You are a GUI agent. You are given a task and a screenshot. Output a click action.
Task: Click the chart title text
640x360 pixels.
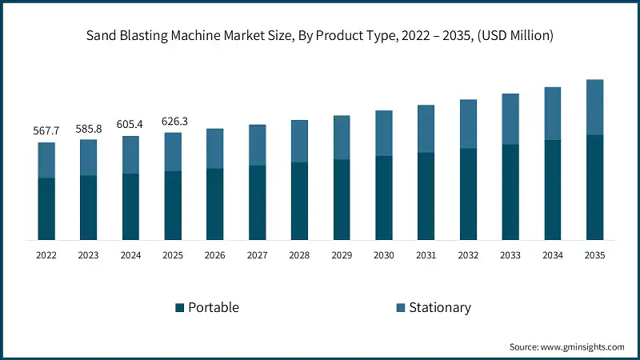pyautogui.click(x=320, y=34)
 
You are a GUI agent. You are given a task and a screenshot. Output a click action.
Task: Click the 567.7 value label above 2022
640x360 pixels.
pyautogui.click(x=46, y=131)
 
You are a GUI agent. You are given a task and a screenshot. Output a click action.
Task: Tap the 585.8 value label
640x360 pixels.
pyautogui.click(x=89, y=128)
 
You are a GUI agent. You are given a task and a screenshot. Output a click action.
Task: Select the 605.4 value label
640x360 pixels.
pyautogui.click(x=130, y=124)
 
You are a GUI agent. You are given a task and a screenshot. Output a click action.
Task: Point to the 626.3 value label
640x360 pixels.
pyautogui.click(x=173, y=121)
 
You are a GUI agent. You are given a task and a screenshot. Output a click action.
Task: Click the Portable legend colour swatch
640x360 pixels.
pyautogui.click(x=180, y=308)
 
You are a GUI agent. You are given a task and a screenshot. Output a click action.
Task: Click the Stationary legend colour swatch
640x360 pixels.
pyautogui.click(x=400, y=308)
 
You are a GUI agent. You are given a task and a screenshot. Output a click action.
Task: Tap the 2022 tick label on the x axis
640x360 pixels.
pyautogui.click(x=46, y=255)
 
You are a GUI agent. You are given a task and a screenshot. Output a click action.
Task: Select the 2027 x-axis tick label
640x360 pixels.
pyautogui.click(x=258, y=255)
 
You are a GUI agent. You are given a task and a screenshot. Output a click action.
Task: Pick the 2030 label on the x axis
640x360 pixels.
pyautogui.click(x=384, y=255)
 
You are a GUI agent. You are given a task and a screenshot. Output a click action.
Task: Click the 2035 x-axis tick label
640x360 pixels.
pyautogui.click(x=595, y=255)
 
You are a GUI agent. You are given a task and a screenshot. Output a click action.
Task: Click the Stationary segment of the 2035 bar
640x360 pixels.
pyautogui.click(x=595, y=107)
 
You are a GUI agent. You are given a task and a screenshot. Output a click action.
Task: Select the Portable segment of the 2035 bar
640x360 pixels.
pyautogui.click(x=595, y=187)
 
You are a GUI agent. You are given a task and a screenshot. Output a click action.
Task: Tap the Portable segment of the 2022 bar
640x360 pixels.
pyautogui.click(x=46, y=209)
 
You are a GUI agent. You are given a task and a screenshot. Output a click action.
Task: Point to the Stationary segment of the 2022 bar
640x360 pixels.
pyautogui.click(x=46, y=160)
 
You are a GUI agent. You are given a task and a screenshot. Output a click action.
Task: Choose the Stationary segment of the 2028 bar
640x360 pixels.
pyautogui.click(x=299, y=141)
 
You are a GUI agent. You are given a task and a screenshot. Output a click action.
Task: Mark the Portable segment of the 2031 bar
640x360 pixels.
pyautogui.click(x=426, y=196)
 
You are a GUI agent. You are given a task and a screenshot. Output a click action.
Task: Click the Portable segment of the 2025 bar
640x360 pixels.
pyautogui.click(x=173, y=205)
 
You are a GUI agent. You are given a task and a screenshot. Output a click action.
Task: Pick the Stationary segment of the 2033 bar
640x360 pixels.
pyautogui.click(x=510, y=119)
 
